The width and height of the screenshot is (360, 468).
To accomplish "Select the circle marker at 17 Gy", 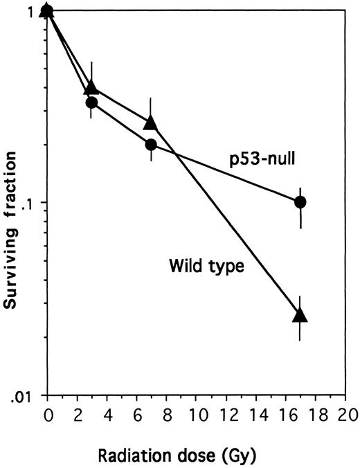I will click(300, 202).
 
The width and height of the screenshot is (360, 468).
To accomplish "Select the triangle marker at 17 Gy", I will click(300, 315).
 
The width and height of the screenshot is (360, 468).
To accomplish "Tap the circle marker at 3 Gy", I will click(91, 102).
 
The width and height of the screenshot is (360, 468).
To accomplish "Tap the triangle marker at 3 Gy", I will click(91, 88).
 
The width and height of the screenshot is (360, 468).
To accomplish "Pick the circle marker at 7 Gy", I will click(151, 145).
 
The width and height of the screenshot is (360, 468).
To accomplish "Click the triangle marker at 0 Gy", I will click(47, 10).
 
